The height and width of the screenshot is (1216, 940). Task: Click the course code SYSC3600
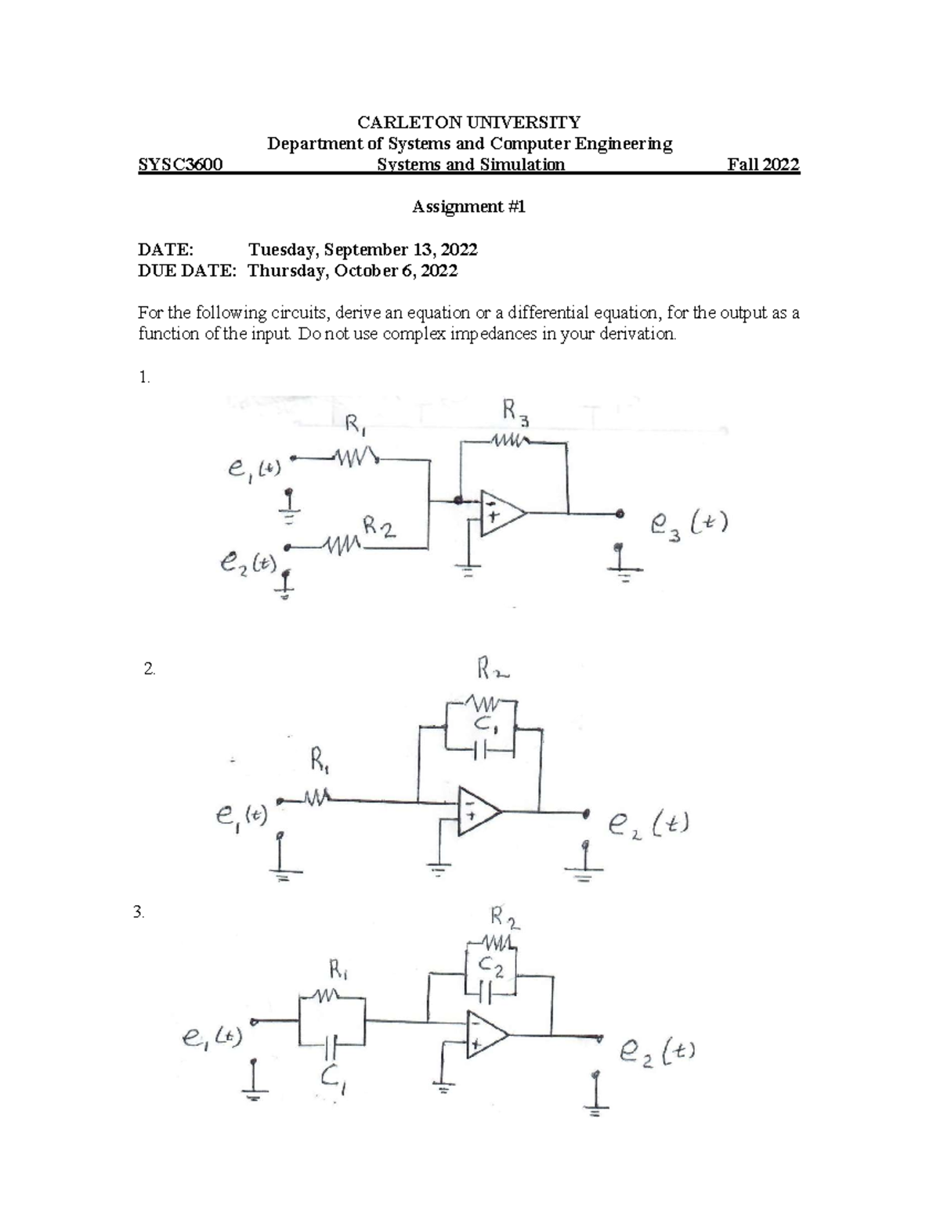[x=180, y=165]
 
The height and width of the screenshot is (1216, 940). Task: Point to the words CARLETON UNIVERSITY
[x=468, y=122]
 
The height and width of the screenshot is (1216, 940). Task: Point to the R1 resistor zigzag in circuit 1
[x=356, y=456]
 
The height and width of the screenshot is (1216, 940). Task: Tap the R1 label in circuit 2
[x=320, y=760]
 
